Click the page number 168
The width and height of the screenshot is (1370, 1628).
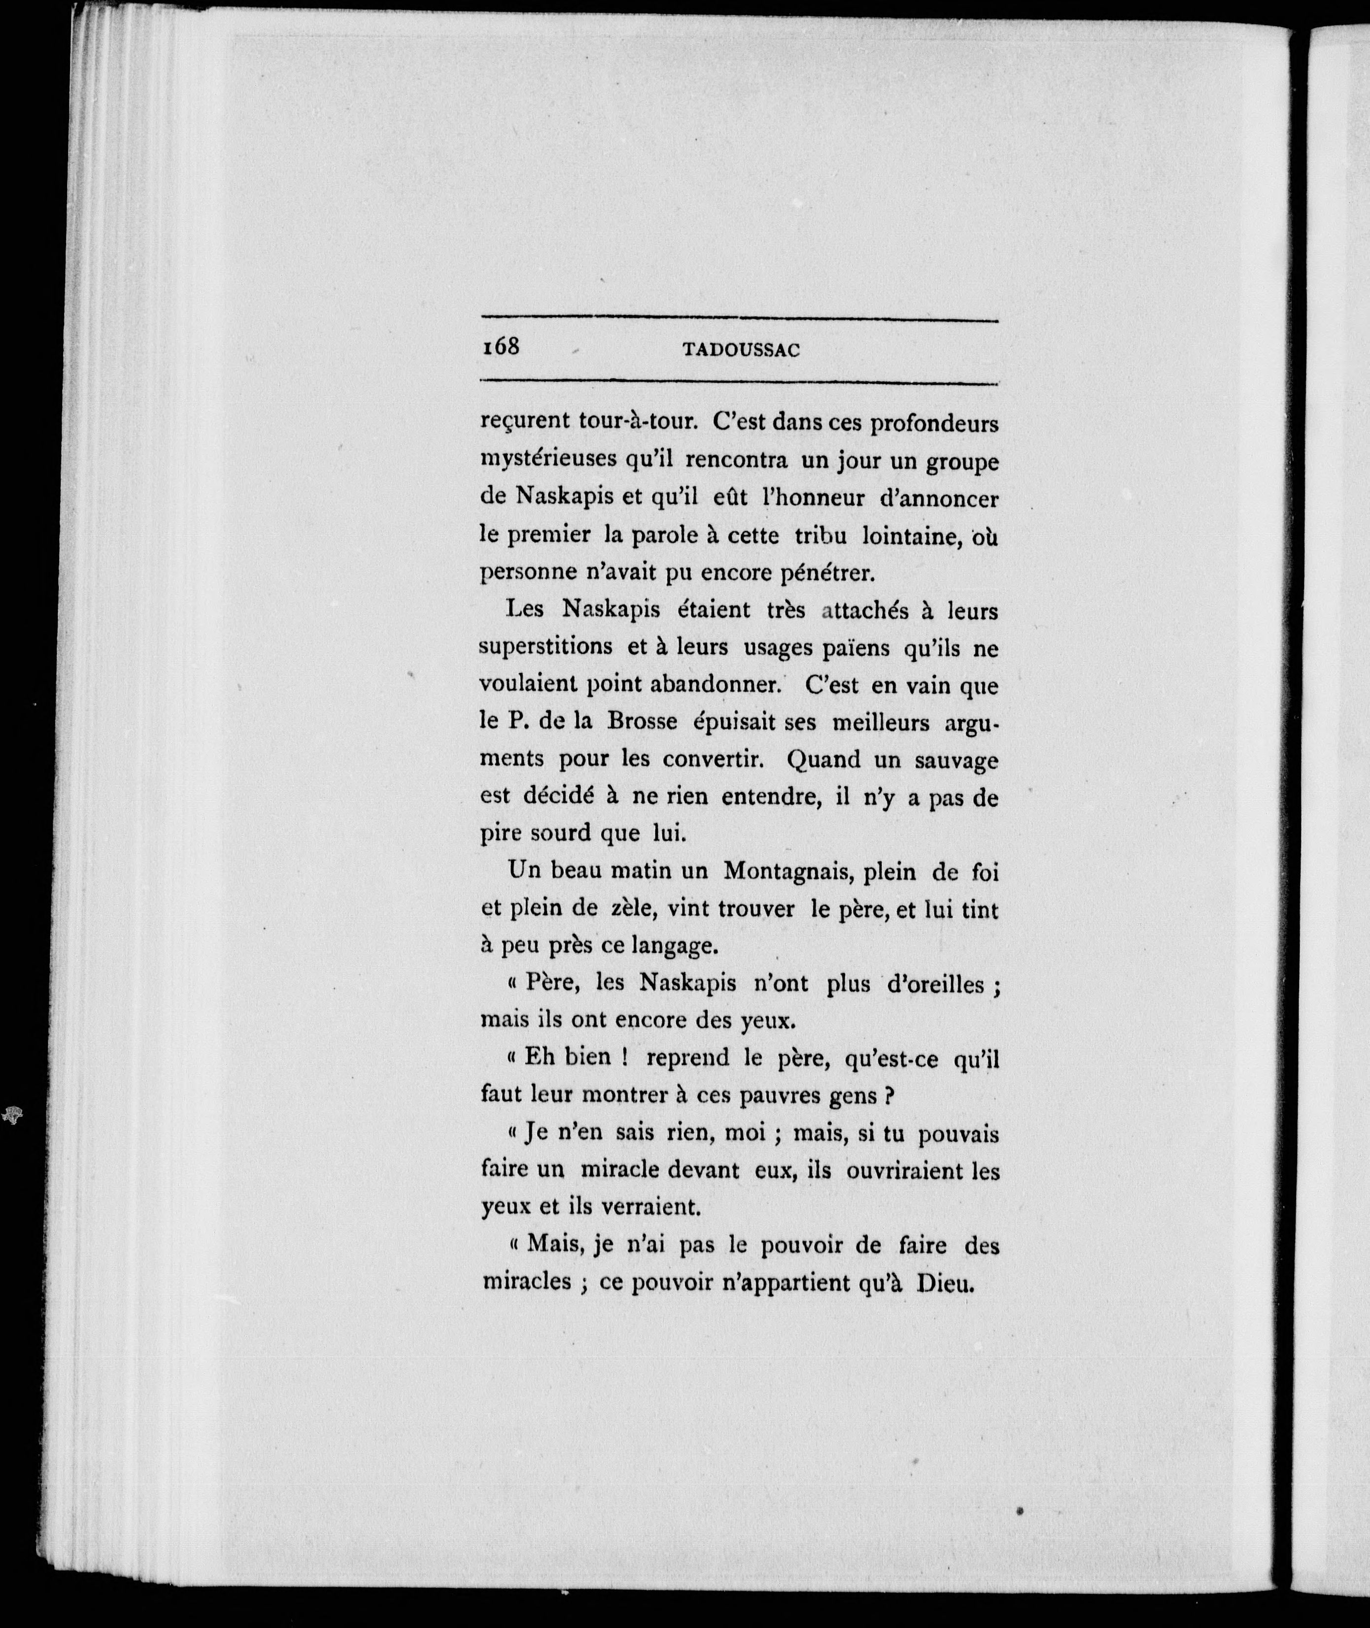(x=499, y=346)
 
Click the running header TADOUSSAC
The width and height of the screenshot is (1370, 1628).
(x=741, y=350)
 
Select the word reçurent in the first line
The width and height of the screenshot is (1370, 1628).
(x=524, y=423)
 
